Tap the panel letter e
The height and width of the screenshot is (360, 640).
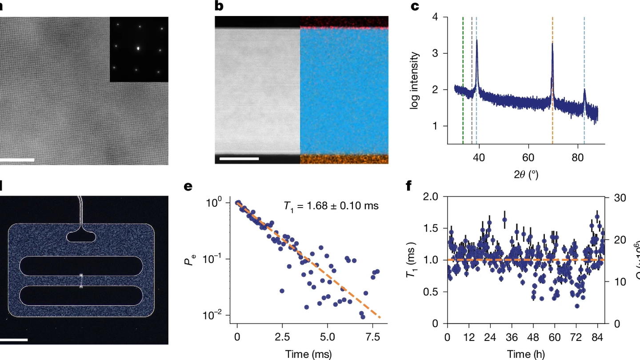pyautogui.click(x=188, y=186)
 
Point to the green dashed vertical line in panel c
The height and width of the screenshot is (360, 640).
pyautogui.click(x=463, y=80)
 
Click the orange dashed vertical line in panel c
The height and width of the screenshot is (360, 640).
pyautogui.click(x=552, y=80)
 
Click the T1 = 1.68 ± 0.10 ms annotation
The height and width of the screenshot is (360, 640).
pyautogui.click(x=331, y=206)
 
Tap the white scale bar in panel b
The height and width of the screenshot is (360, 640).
pyautogui.click(x=239, y=158)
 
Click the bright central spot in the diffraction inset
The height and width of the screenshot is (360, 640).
pyautogui.click(x=139, y=48)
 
